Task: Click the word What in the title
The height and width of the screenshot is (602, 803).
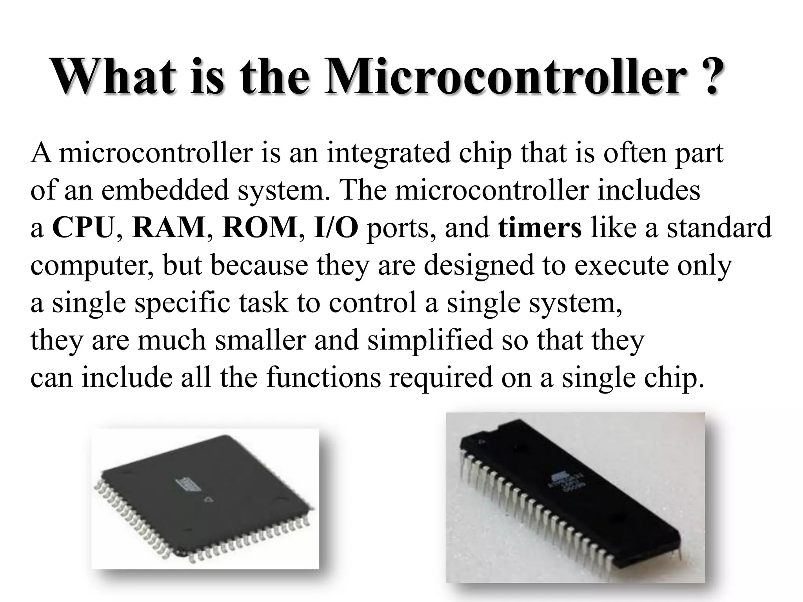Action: point(114,76)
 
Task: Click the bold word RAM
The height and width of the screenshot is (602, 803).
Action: point(169,228)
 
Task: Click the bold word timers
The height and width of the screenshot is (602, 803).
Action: point(540,228)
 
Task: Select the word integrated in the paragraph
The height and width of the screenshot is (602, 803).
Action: point(389,153)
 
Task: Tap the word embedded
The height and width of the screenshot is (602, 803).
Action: point(165,190)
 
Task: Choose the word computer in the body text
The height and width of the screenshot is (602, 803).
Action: point(92,266)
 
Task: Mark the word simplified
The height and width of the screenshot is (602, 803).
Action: point(430,340)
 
